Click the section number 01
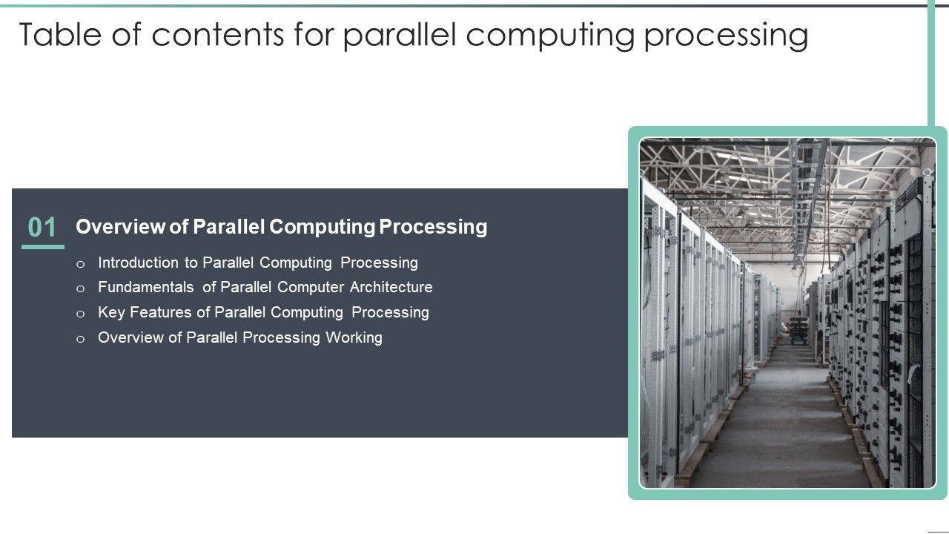[42, 228]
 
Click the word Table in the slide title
[58, 35]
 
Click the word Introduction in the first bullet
[138, 263]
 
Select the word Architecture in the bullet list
[391, 287]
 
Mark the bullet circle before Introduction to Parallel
[81, 263]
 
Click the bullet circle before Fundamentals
[81, 288]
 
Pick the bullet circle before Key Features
[81, 313]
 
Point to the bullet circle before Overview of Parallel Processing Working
[81, 338]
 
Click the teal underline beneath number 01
[42, 247]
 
